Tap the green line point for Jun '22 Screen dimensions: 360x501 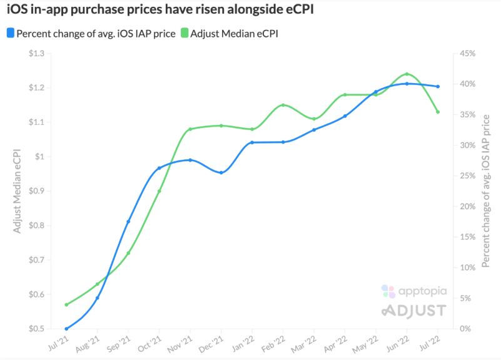pyautogui.click(x=407, y=74)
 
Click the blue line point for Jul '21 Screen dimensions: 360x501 pyautogui.click(x=66, y=329)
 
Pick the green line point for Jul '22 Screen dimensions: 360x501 pyautogui.click(x=438, y=112)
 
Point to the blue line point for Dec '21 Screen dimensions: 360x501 pyautogui.click(x=221, y=172)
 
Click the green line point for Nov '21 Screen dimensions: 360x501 pyautogui.click(x=190, y=129)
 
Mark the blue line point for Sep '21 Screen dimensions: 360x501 pyautogui.click(x=128, y=221)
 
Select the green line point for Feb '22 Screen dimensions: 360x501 pyautogui.click(x=283, y=105)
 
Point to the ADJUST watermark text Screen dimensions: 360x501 pyautogui.click(x=413, y=311)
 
